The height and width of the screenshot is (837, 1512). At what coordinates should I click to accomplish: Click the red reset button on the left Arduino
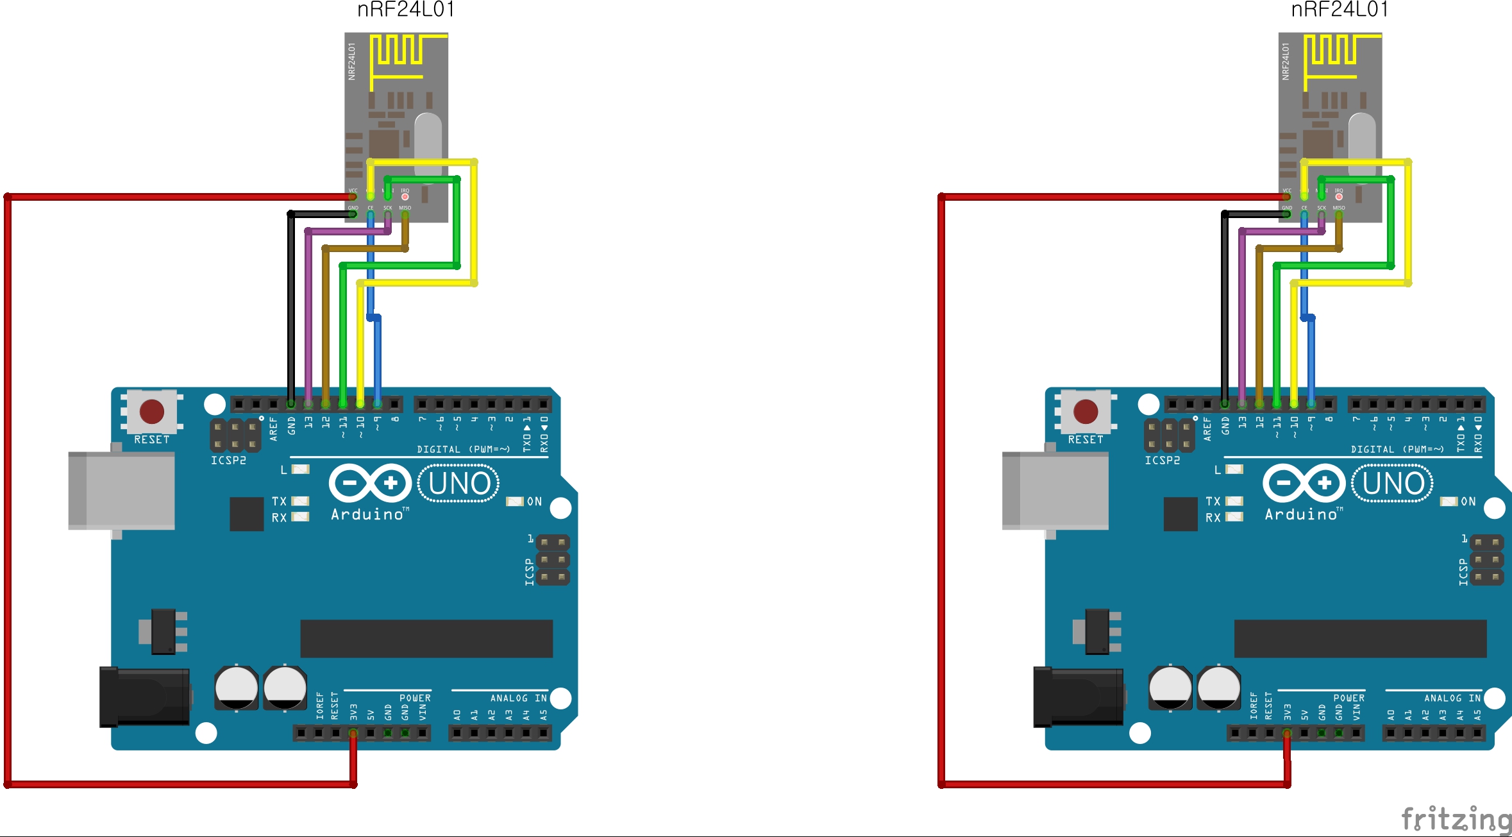[152, 411]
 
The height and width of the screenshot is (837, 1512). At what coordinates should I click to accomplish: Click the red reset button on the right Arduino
[1086, 411]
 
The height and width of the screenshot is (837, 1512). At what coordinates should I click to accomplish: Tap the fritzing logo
[1456, 819]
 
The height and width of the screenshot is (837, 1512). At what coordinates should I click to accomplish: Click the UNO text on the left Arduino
[459, 484]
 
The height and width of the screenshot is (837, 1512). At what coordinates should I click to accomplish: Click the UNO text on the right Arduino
[1393, 484]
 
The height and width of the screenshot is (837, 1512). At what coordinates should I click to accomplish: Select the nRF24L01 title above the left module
[406, 10]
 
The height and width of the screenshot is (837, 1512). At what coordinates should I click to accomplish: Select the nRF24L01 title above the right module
[1340, 10]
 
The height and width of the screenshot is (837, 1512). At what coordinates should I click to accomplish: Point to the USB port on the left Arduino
[122, 491]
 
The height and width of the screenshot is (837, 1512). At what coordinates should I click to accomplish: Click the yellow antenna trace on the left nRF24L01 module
[398, 51]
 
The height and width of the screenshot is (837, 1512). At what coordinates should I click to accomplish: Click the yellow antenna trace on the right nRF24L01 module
[1331, 51]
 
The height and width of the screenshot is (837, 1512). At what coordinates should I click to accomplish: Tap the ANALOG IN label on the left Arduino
[518, 698]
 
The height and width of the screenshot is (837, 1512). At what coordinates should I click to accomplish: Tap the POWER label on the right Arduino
[1348, 698]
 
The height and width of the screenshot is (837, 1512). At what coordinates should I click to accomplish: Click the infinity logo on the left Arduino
[370, 482]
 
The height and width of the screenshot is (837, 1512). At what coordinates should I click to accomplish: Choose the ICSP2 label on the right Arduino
[1162, 461]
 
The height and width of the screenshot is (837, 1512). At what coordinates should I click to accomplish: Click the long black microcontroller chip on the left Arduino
[426, 638]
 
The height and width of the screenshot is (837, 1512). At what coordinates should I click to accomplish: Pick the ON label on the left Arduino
[534, 502]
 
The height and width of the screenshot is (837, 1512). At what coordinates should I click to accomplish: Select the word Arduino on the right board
[1301, 514]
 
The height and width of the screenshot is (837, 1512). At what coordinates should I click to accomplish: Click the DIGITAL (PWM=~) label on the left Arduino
[463, 449]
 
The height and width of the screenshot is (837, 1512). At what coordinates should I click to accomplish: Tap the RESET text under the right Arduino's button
[1086, 440]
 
